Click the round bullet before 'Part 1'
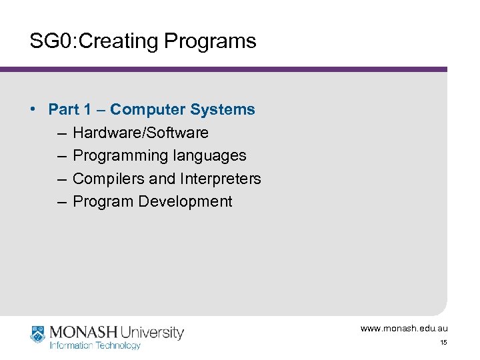click(x=33, y=109)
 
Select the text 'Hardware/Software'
click(x=140, y=133)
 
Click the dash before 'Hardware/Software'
click(x=61, y=133)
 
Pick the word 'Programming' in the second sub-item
click(x=120, y=155)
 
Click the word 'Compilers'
click(x=105, y=179)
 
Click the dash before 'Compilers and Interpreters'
click(x=61, y=179)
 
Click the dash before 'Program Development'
click(x=61, y=201)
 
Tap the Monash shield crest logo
click(x=38, y=335)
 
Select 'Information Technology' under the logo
click(x=95, y=345)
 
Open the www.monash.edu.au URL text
click(x=404, y=329)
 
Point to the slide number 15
click(x=443, y=343)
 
